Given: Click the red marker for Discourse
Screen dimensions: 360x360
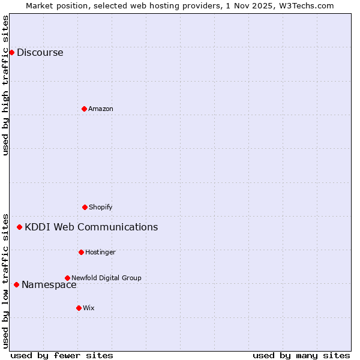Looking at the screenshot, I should coord(11,52).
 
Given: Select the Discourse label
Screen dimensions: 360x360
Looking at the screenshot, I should coord(40,52).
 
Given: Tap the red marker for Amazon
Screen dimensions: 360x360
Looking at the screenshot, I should coord(84,109).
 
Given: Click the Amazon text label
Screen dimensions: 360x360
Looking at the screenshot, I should coord(100,109).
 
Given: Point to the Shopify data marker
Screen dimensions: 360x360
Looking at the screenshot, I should coord(85,207).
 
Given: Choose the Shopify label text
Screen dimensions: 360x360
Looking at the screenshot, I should coord(100,207).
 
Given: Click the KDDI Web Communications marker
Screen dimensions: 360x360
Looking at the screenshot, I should coord(20,227).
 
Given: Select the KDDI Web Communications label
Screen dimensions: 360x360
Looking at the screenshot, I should coord(91,227).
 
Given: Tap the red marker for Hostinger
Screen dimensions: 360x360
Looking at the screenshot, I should coord(81,252).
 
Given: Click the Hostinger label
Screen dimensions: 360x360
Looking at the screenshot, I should coord(100,252).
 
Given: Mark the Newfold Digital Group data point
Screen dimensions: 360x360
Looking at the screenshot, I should coord(67,278).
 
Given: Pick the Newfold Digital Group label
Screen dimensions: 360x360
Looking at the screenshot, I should coord(106,278).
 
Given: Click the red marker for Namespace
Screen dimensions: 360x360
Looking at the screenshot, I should coord(16,284).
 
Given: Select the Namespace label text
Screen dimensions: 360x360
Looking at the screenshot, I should coord(49,285).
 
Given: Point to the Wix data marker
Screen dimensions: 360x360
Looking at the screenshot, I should coord(79,308).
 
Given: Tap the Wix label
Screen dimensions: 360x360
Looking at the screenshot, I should coord(88,308).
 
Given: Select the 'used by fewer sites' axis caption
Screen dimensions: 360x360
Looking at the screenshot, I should coord(62,355).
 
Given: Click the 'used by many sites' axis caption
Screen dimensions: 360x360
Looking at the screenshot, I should coord(301,355).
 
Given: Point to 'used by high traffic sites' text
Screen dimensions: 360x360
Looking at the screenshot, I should coord(5,85).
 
